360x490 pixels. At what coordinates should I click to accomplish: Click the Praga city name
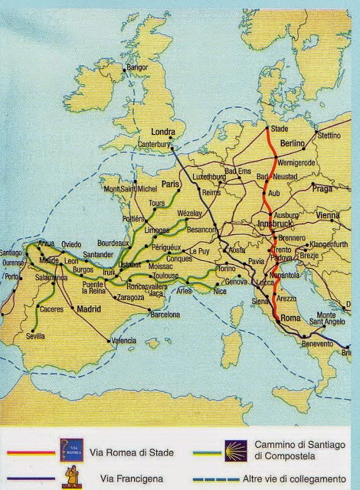coord(321,188)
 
